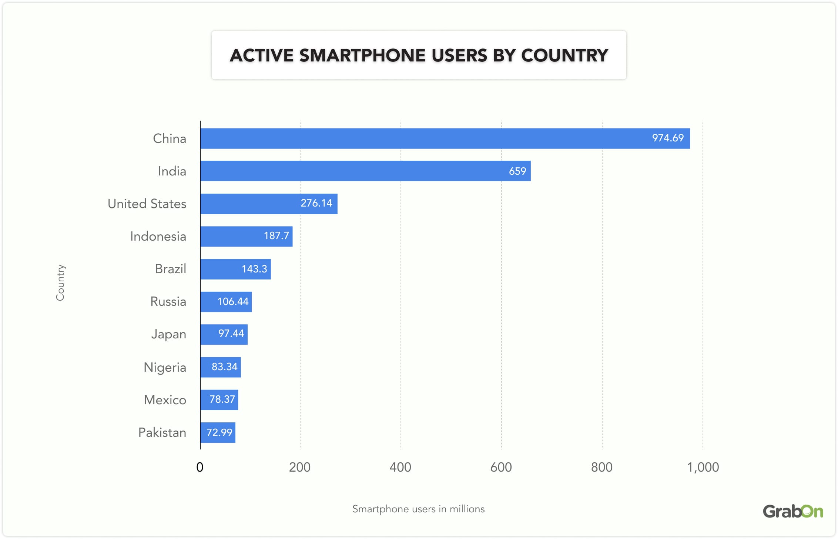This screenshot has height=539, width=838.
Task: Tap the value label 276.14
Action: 316,203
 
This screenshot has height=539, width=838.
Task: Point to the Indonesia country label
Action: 158,236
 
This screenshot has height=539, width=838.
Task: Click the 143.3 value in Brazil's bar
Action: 254,269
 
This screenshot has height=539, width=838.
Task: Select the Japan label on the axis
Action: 168,334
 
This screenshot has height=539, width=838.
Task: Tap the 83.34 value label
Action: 224,367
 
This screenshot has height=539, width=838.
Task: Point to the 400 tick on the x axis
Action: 400,467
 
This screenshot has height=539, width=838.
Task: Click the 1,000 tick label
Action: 703,467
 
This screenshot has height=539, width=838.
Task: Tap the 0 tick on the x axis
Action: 200,467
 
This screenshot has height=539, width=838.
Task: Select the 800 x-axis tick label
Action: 601,467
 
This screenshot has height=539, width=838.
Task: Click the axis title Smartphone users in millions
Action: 418,509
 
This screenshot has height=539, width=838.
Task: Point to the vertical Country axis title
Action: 60,282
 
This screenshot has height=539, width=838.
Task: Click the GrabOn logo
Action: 792,512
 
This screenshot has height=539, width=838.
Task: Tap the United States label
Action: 147,204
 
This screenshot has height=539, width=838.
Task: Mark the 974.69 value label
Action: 667,138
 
